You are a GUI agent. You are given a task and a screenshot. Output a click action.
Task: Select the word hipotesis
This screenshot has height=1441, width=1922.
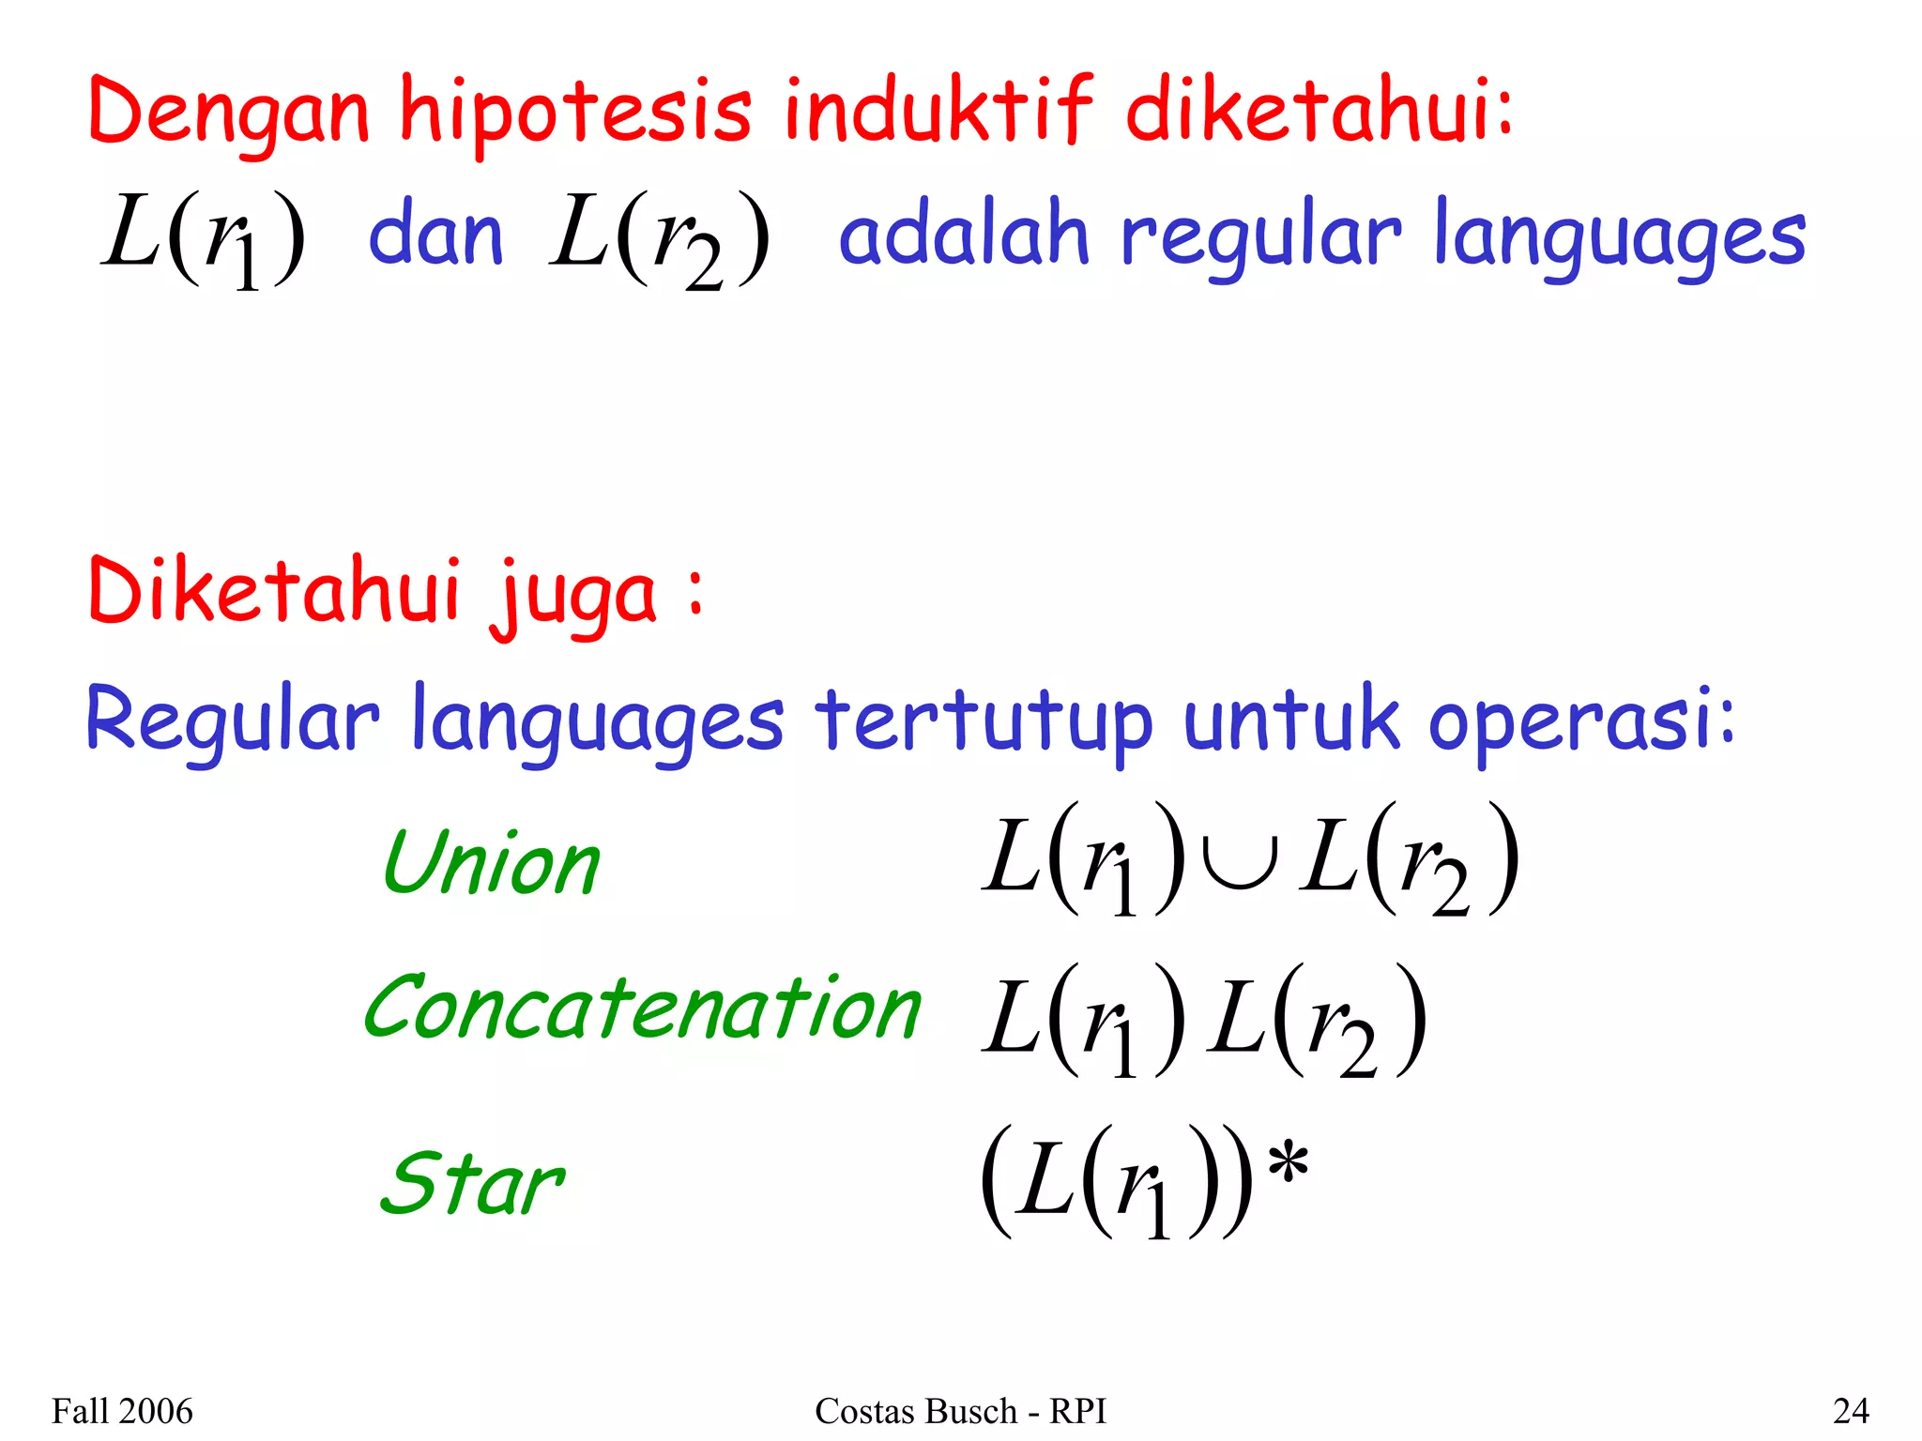pos(575,113)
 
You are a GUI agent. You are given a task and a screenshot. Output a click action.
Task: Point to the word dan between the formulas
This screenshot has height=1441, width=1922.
pos(435,235)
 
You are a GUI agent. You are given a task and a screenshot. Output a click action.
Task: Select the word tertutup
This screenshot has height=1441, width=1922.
pos(983,722)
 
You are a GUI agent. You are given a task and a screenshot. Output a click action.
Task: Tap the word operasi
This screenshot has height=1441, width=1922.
pos(1572,722)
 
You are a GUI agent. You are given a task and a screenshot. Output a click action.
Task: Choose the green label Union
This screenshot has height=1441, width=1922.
pos(492,863)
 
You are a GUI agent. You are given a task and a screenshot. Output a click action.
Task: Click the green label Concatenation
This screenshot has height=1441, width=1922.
pos(643,1009)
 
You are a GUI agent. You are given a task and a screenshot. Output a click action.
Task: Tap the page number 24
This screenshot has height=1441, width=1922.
pos(1851,1411)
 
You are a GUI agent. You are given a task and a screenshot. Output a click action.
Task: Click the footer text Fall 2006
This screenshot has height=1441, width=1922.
pos(122,1411)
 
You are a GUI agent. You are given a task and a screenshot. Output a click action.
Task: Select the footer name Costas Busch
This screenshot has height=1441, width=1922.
pos(915,1411)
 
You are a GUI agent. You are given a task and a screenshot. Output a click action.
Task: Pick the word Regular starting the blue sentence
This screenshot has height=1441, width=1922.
pos(232,722)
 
